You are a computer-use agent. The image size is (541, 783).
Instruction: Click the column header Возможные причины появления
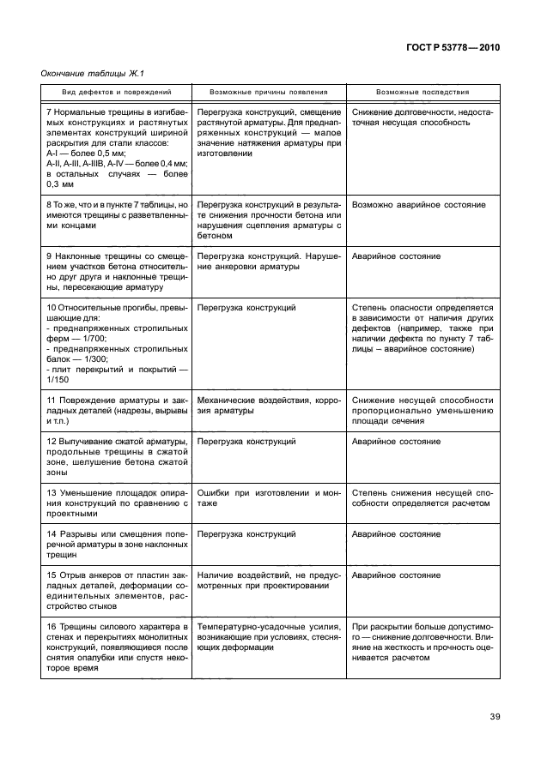(x=269, y=92)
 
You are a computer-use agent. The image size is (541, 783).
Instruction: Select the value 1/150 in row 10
(x=57, y=379)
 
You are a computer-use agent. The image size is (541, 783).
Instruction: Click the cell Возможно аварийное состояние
(x=419, y=206)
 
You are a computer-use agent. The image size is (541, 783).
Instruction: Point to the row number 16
(x=52, y=629)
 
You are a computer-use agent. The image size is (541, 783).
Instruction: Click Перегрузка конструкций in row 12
(x=246, y=441)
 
